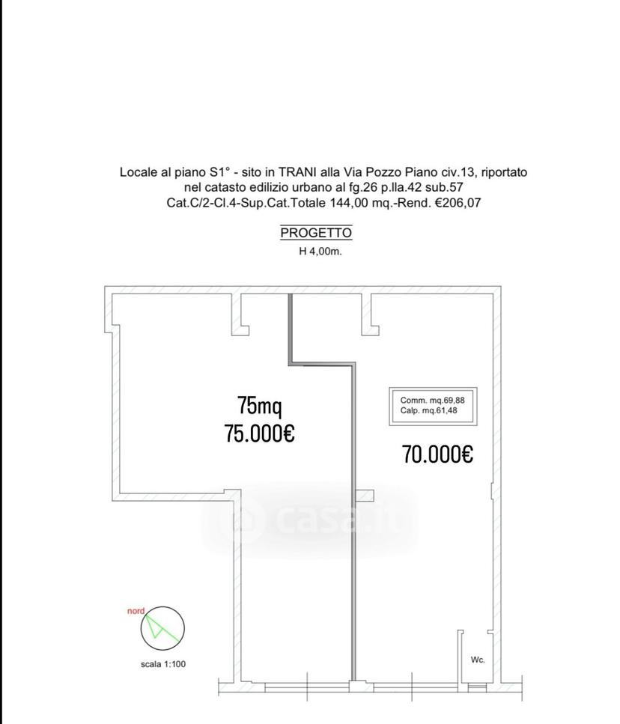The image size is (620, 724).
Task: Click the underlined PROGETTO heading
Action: pos(316,233)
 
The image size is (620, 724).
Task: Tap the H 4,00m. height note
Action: pos(320,252)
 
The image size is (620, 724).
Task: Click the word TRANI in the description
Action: pos(298,172)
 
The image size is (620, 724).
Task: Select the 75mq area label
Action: pos(259,405)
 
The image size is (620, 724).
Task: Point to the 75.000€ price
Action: pos(259,433)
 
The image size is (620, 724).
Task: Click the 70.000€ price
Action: pos(437,454)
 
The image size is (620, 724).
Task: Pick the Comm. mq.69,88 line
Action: pos(432,401)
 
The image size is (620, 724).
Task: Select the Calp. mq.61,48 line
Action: pos(428,410)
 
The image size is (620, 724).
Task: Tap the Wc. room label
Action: pos(478,660)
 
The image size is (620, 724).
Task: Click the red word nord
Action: pos(136,611)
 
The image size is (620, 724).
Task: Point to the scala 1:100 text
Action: pos(163,664)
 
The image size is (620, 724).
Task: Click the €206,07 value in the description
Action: pos(458,203)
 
